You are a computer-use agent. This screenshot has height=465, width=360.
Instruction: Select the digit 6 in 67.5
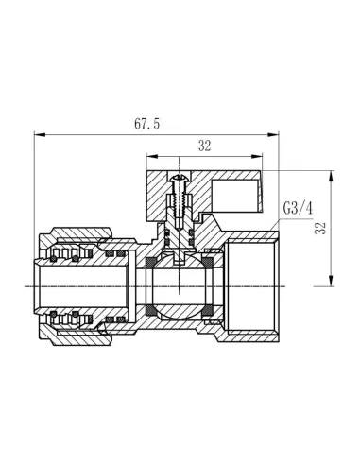(x=139, y=123)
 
